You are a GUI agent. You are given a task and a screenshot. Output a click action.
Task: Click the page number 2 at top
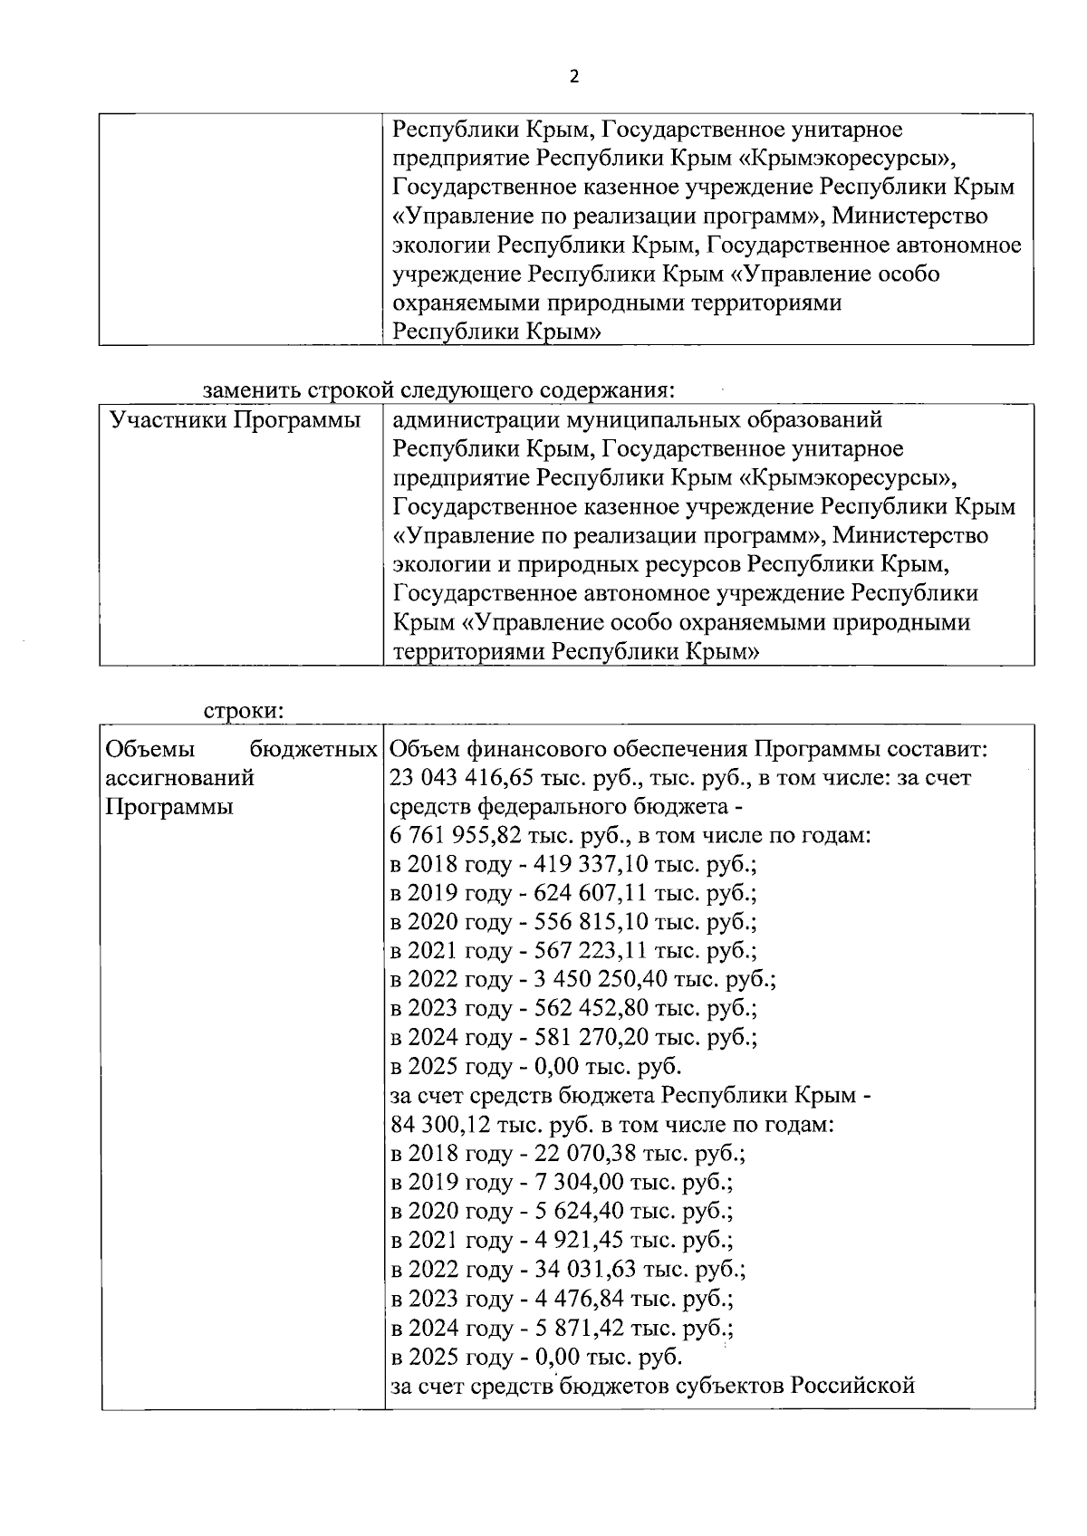pos(572,77)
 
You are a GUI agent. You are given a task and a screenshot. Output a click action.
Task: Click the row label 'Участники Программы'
pos(235,420)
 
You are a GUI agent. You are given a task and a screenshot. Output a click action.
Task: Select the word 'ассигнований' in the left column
pos(179,778)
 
